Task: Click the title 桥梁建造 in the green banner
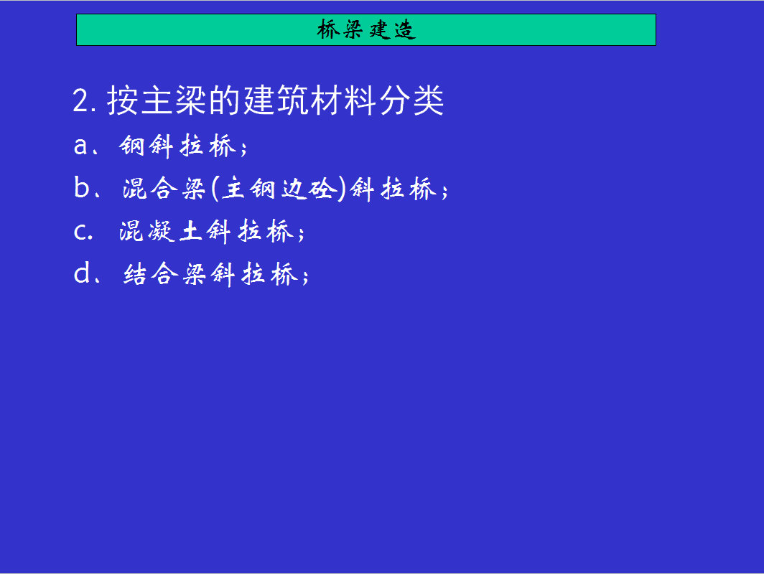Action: [366, 29]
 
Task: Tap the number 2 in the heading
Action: [81, 100]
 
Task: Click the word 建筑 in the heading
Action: [275, 100]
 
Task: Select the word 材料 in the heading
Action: [343, 100]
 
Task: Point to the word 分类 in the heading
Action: [411, 100]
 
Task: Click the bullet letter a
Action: [81, 146]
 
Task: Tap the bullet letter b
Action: [81, 187]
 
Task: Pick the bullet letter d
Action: [81, 273]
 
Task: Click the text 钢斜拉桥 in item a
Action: [178, 146]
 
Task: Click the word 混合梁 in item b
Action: [164, 189]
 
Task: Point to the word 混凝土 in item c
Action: [161, 231]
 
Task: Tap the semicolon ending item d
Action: [305, 276]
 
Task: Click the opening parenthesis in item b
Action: [215, 189]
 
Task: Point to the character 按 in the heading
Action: [122, 100]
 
